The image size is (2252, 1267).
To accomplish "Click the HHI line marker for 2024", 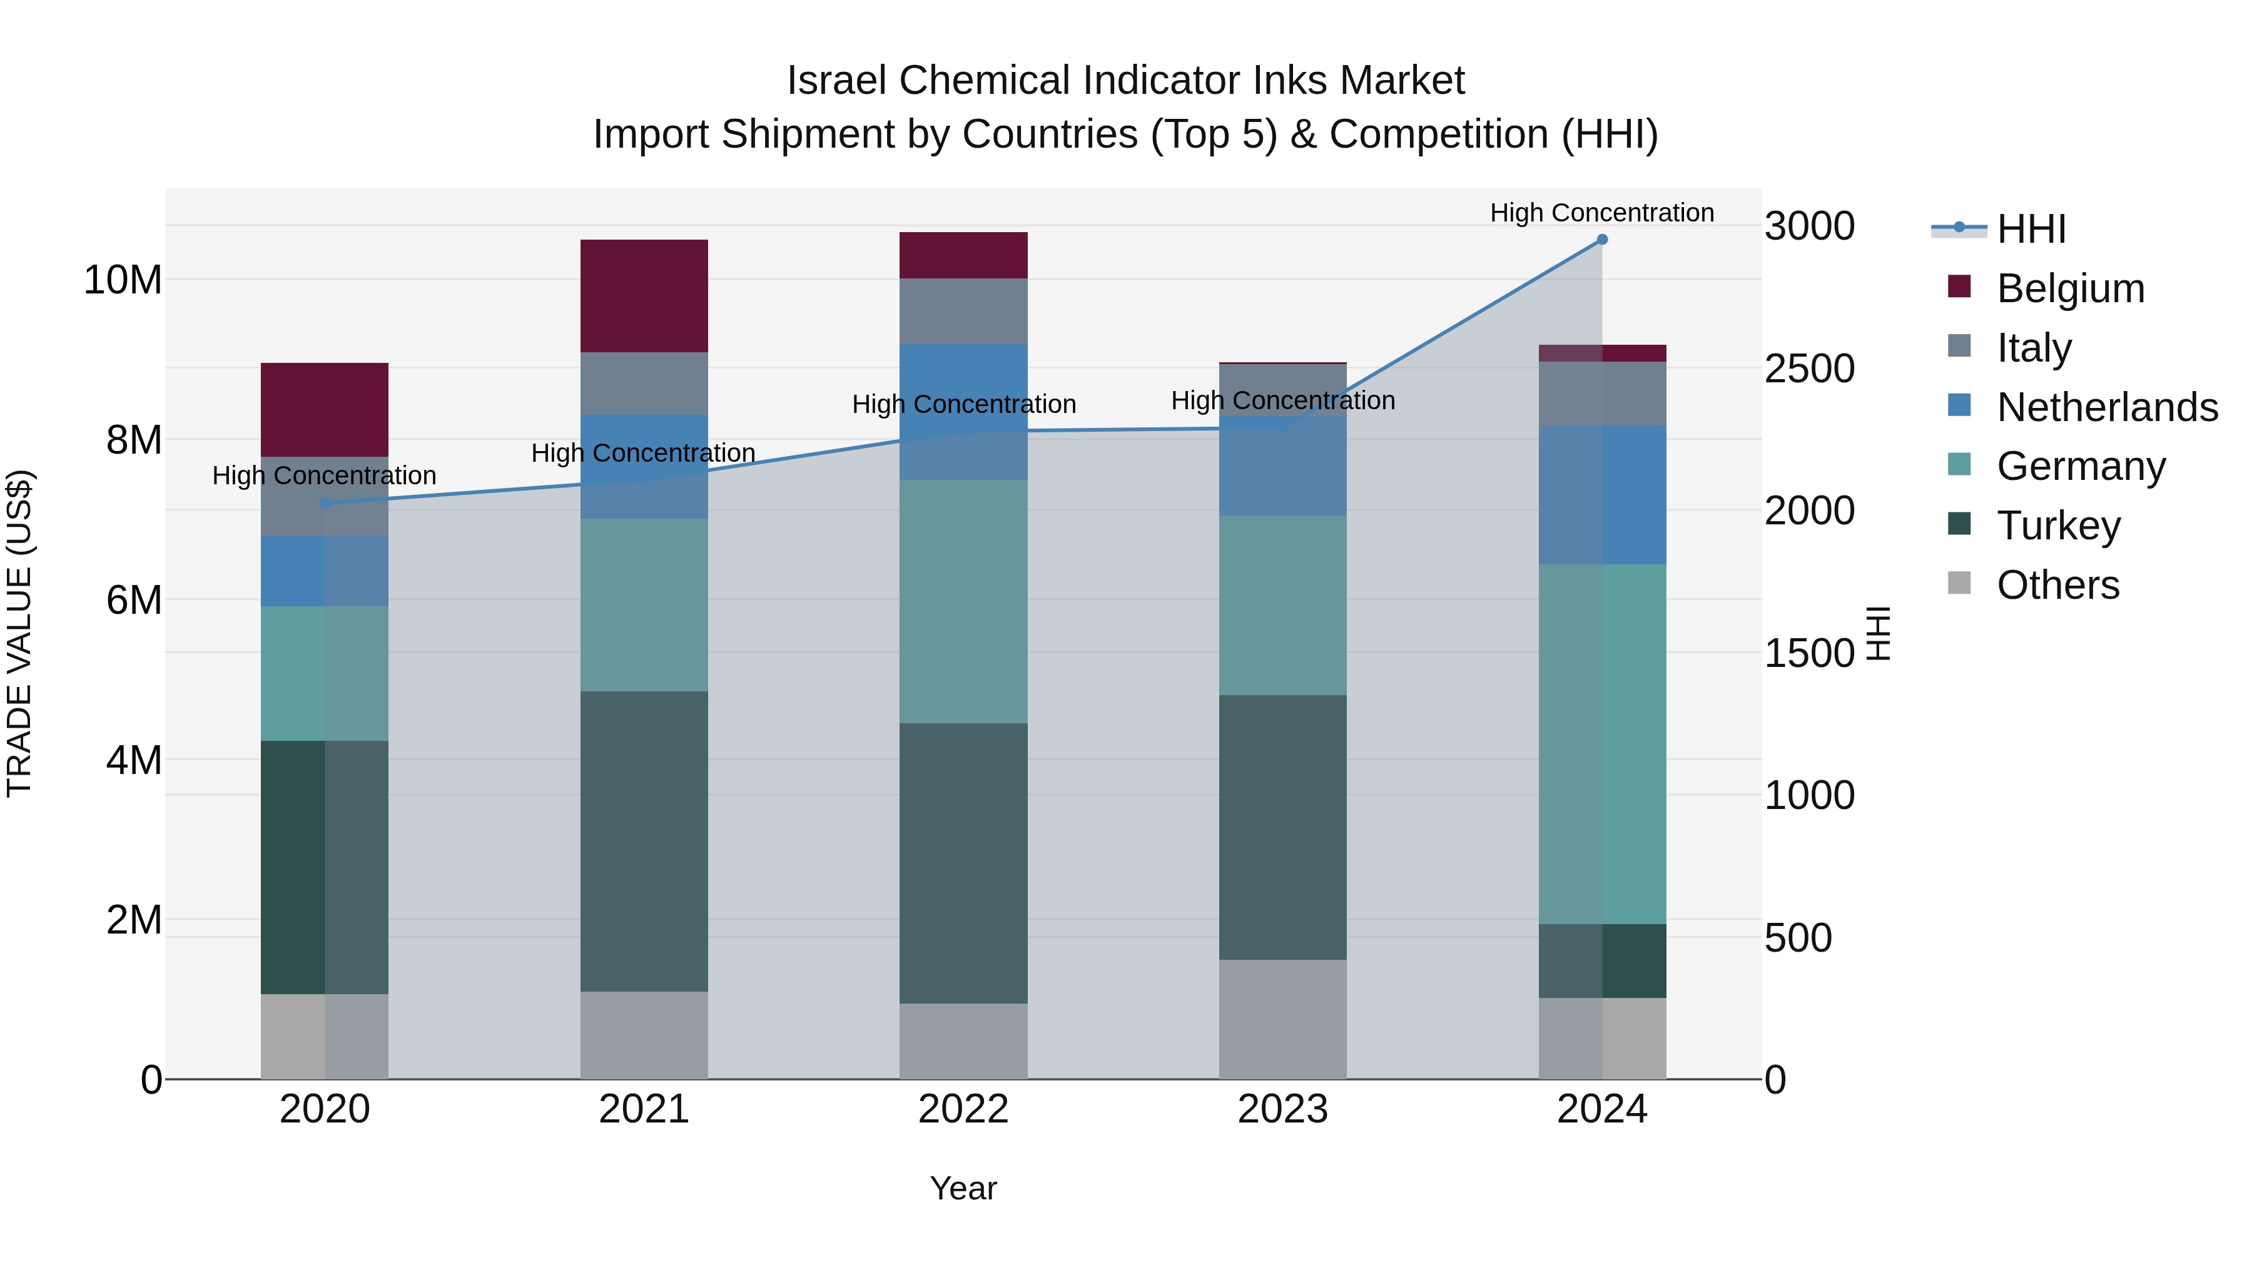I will click(x=1601, y=240).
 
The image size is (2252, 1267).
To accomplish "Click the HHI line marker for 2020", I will click(x=324, y=503).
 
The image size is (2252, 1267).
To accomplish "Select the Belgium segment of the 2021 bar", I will click(x=644, y=295).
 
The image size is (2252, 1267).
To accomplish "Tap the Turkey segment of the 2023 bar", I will click(x=1282, y=827).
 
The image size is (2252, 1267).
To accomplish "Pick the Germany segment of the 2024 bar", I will click(x=1601, y=743).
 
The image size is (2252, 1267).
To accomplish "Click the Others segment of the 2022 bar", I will click(x=963, y=1041).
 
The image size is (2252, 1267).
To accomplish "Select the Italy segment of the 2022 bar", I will click(x=963, y=312).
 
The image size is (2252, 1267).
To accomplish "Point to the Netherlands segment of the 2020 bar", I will click(x=324, y=571).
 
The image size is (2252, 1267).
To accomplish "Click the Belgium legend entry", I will click(x=2070, y=288).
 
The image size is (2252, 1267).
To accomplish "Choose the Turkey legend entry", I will click(x=2058, y=526).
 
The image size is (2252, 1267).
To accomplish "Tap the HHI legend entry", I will click(x=2030, y=229).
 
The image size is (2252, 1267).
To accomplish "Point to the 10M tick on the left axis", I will click(x=123, y=281).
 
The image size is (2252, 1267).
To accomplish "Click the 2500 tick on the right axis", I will click(x=1808, y=368).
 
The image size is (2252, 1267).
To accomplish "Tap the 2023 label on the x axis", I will click(x=1282, y=1109).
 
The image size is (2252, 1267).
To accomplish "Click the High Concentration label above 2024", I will click(x=1601, y=213).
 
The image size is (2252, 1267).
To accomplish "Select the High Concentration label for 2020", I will click(x=324, y=476).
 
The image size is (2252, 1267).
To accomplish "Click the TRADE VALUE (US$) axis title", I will click(x=19, y=633).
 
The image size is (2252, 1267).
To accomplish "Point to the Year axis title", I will click(x=963, y=1188).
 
